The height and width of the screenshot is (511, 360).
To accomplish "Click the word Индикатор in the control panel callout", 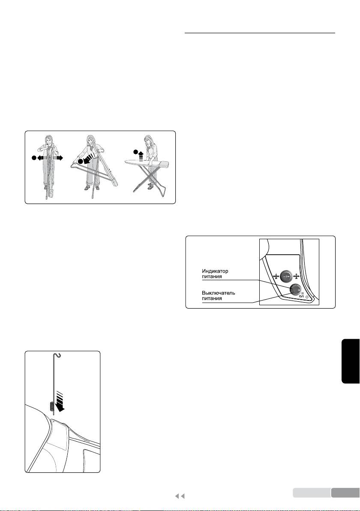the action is coord(215,271).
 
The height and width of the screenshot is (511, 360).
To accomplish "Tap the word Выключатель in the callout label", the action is coord(218,293).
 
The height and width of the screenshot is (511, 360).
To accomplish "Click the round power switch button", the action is coord(295,289).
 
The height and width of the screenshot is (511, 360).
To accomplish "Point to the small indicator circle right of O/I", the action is coord(307,297).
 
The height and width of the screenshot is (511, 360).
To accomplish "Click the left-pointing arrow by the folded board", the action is coord(42,158).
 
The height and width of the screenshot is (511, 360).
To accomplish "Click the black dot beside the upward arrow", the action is coord(135,151).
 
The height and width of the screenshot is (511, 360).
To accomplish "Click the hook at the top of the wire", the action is coord(58,355).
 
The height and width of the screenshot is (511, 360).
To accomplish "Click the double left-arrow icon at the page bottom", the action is coord(180,496).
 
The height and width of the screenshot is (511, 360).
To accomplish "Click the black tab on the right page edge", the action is coord(351,361).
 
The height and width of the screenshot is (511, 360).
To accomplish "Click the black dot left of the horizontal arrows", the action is coord(33,158).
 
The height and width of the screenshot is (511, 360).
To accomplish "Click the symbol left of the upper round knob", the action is coord(276,277).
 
